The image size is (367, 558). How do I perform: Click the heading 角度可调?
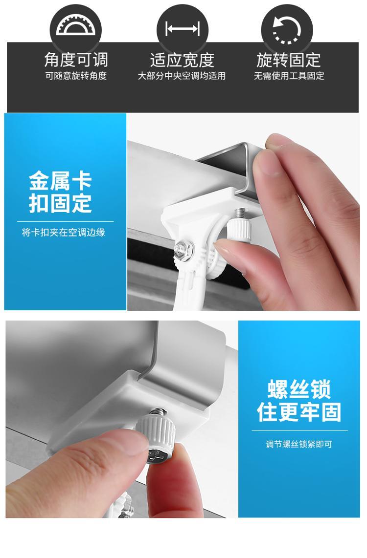pyautogui.click(x=76, y=60)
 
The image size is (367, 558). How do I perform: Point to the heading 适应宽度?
pyautogui.click(x=182, y=60)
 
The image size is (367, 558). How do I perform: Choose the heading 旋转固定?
pyautogui.click(x=289, y=60)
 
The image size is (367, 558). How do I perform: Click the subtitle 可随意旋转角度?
pyautogui.click(x=76, y=76)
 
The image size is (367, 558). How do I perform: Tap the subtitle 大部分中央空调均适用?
pyautogui.click(x=182, y=76)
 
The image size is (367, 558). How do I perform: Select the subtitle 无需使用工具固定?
pyautogui.click(x=289, y=76)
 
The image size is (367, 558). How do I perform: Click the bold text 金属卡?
pyautogui.click(x=61, y=181)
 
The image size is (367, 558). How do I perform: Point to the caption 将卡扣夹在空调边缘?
pyautogui.click(x=64, y=233)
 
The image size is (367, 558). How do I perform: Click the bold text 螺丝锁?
pyautogui.click(x=299, y=389)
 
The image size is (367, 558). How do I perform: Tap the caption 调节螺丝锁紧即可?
pyautogui.click(x=299, y=444)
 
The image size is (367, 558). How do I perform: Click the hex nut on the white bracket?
pyautogui.click(x=184, y=248)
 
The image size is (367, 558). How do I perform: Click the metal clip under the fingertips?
pyautogui.click(x=231, y=171)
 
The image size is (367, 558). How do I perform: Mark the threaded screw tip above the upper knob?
pyautogui.click(x=239, y=214)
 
